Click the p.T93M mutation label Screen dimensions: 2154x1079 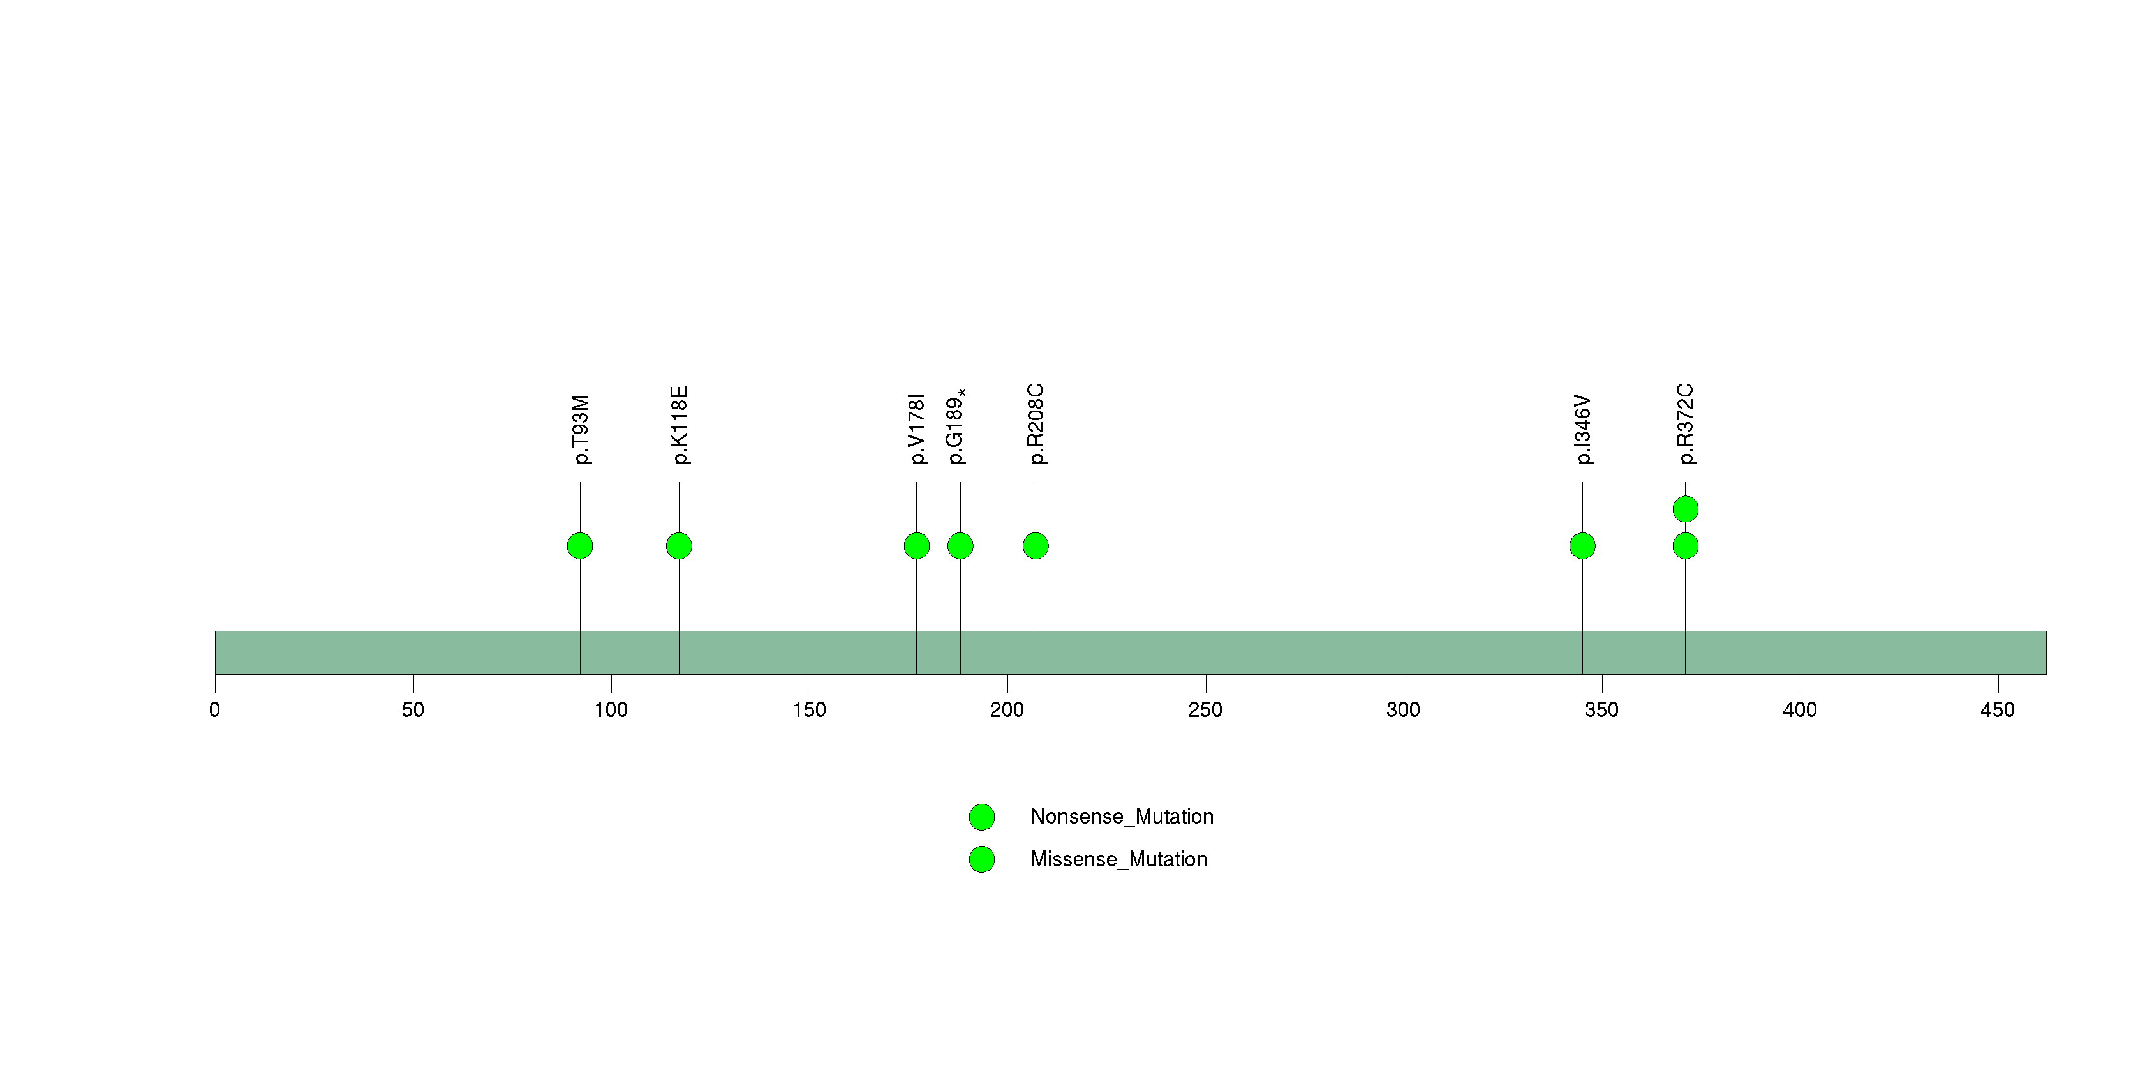pos(581,430)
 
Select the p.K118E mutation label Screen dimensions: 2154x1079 pos(680,425)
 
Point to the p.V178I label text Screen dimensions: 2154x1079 pos(917,428)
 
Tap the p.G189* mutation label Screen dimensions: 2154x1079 pos(956,426)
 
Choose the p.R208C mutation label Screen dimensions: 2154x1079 pos(1036,424)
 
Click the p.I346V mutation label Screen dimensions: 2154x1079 pos(1583,429)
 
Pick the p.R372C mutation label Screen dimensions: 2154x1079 pos(1686,424)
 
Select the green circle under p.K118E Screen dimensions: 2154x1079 pos(679,546)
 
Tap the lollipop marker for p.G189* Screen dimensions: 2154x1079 pos(960,546)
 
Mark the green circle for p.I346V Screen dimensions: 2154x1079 pos(1582,546)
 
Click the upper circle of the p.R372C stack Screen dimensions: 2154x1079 pos(1685,509)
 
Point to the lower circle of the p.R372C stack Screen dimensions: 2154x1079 pos(1685,546)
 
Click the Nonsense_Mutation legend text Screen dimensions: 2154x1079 pos(1121,817)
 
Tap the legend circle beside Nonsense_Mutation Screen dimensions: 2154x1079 pos(982,817)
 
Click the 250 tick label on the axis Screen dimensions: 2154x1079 pos(1205,710)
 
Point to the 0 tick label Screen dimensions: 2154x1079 pos(215,710)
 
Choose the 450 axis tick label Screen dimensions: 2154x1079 pos(1998,710)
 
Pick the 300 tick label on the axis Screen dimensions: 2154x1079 pos(1403,710)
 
